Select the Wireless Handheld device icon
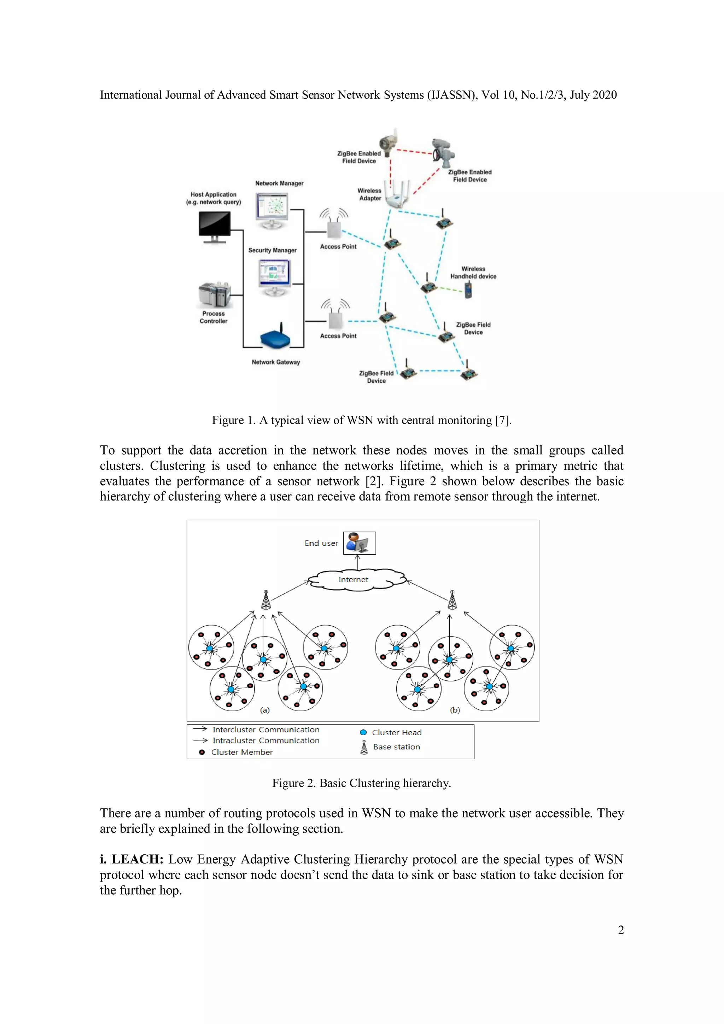468,290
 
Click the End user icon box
359,543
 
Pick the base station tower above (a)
266,600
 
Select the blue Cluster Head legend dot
363,732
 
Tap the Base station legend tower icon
364,747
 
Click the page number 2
620,930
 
